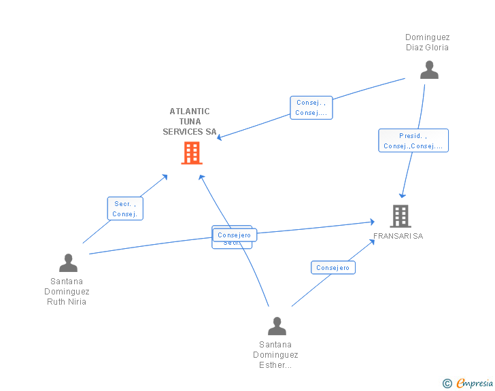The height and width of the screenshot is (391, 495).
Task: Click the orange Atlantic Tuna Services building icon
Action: point(192,153)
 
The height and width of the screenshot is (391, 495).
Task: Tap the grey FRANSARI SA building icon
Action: point(400,216)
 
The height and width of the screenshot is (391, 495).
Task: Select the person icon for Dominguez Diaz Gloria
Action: point(429,70)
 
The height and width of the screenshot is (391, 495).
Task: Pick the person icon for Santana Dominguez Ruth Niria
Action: point(68,262)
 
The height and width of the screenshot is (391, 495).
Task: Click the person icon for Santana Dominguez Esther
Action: point(277,326)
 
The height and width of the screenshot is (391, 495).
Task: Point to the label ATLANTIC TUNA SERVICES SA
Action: point(189,122)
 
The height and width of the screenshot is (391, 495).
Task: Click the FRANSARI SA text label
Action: point(398,236)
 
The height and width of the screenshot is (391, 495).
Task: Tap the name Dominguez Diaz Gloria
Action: point(427,42)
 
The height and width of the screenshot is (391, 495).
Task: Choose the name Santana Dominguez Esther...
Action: point(275,354)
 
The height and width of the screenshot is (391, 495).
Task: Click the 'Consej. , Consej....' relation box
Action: point(311,108)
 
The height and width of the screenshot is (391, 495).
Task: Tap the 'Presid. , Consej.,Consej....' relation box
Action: point(413,141)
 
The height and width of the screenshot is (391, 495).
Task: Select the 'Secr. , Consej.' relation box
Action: point(125,209)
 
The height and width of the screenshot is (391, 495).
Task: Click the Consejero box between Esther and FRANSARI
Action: point(332,268)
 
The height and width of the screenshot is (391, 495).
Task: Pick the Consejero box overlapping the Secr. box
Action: point(235,235)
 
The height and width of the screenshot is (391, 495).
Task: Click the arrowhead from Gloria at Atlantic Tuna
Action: point(219,137)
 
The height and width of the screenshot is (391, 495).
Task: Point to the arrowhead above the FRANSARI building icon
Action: point(403,196)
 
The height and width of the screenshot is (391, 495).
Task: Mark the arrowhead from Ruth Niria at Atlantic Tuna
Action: point(165,177)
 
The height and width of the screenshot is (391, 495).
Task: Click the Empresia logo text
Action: point(475,384)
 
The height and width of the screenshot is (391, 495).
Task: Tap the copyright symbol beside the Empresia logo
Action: point(447,384)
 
